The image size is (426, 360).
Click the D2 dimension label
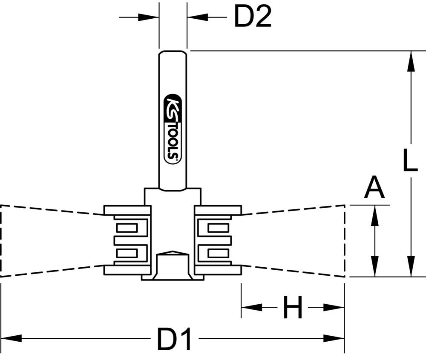pyautogui.click(x=253, y=17)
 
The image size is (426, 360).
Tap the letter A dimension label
pyautogui.click(x=374, y=189)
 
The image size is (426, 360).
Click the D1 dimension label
pyautogui.click(x=175, y=339)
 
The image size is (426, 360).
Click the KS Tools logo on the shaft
pyautogui.click(x=173, y=128)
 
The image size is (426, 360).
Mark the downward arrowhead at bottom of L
pyautogui.click(x=411, y=267)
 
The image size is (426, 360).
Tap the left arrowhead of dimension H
pyautogui.click(x=251, y=307)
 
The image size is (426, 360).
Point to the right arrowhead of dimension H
pyautogui.click(x=334, y=307)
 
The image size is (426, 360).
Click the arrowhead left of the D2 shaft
pyautogui.click(x=150, y=17)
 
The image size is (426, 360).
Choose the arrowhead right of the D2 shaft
pyautogui.click(x=196, y=17)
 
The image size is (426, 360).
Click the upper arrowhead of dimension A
pyautogui.click(x=374, y=215)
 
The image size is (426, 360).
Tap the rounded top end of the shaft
pyautogui.click(x=173, y=53)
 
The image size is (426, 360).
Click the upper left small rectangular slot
pyautogui.click(x=127, y=228)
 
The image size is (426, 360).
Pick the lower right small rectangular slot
pyautogui.click(x=218, y=254)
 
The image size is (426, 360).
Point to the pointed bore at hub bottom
pyautogui.click(x=173, y=254)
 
